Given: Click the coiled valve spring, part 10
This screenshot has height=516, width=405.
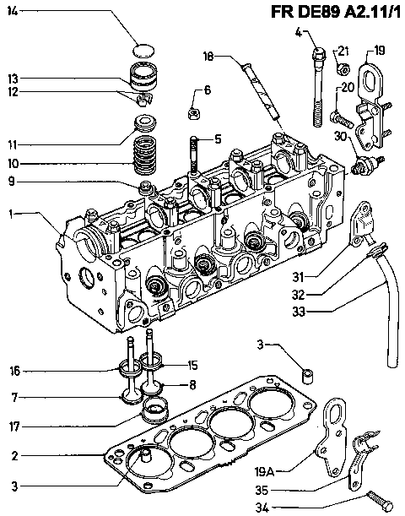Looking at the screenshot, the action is (x=144, y=155).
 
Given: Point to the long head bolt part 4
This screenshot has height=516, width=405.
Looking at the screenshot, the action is (x=318, y=87).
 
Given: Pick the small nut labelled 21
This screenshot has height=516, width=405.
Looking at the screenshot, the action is (x=343, y=68).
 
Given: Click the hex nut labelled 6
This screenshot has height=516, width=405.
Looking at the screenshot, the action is (x=194, y=114).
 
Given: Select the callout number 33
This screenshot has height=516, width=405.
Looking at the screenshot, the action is (x=299, y=312).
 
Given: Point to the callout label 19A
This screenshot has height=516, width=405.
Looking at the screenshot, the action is (x=264, y=471).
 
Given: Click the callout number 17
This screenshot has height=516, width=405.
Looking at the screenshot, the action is (x=15, y=426).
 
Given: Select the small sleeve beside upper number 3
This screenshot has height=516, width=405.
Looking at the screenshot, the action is (x=307, y=377).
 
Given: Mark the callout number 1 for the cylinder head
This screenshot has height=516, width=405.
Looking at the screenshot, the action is (x=12, y=215).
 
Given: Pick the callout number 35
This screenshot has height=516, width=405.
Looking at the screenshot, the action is (x=262, y=490).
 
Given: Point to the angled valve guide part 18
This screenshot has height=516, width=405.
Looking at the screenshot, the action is (x=262, y=90).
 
